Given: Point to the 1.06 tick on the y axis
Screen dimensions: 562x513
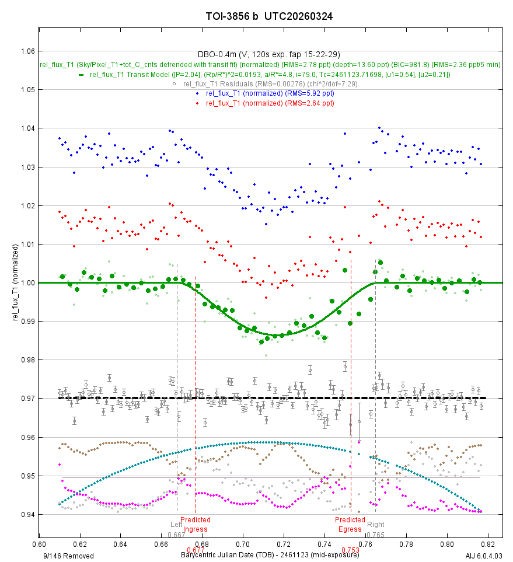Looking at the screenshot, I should click(27, 51).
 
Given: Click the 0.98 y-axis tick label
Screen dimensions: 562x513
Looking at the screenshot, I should click(27, 360).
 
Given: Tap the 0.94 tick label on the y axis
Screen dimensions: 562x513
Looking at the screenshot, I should click(27, 515).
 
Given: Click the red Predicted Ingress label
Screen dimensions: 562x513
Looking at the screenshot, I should click(195, 525).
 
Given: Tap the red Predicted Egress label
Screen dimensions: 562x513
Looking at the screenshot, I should click(350, 525).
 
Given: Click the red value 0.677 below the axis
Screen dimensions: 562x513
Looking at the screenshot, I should click(195, 550).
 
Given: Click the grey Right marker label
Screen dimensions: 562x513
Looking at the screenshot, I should click(376, 525).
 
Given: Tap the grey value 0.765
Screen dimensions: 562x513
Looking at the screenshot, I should click(376, 535).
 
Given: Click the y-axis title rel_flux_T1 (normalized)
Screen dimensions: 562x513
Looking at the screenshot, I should click(16, 282).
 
